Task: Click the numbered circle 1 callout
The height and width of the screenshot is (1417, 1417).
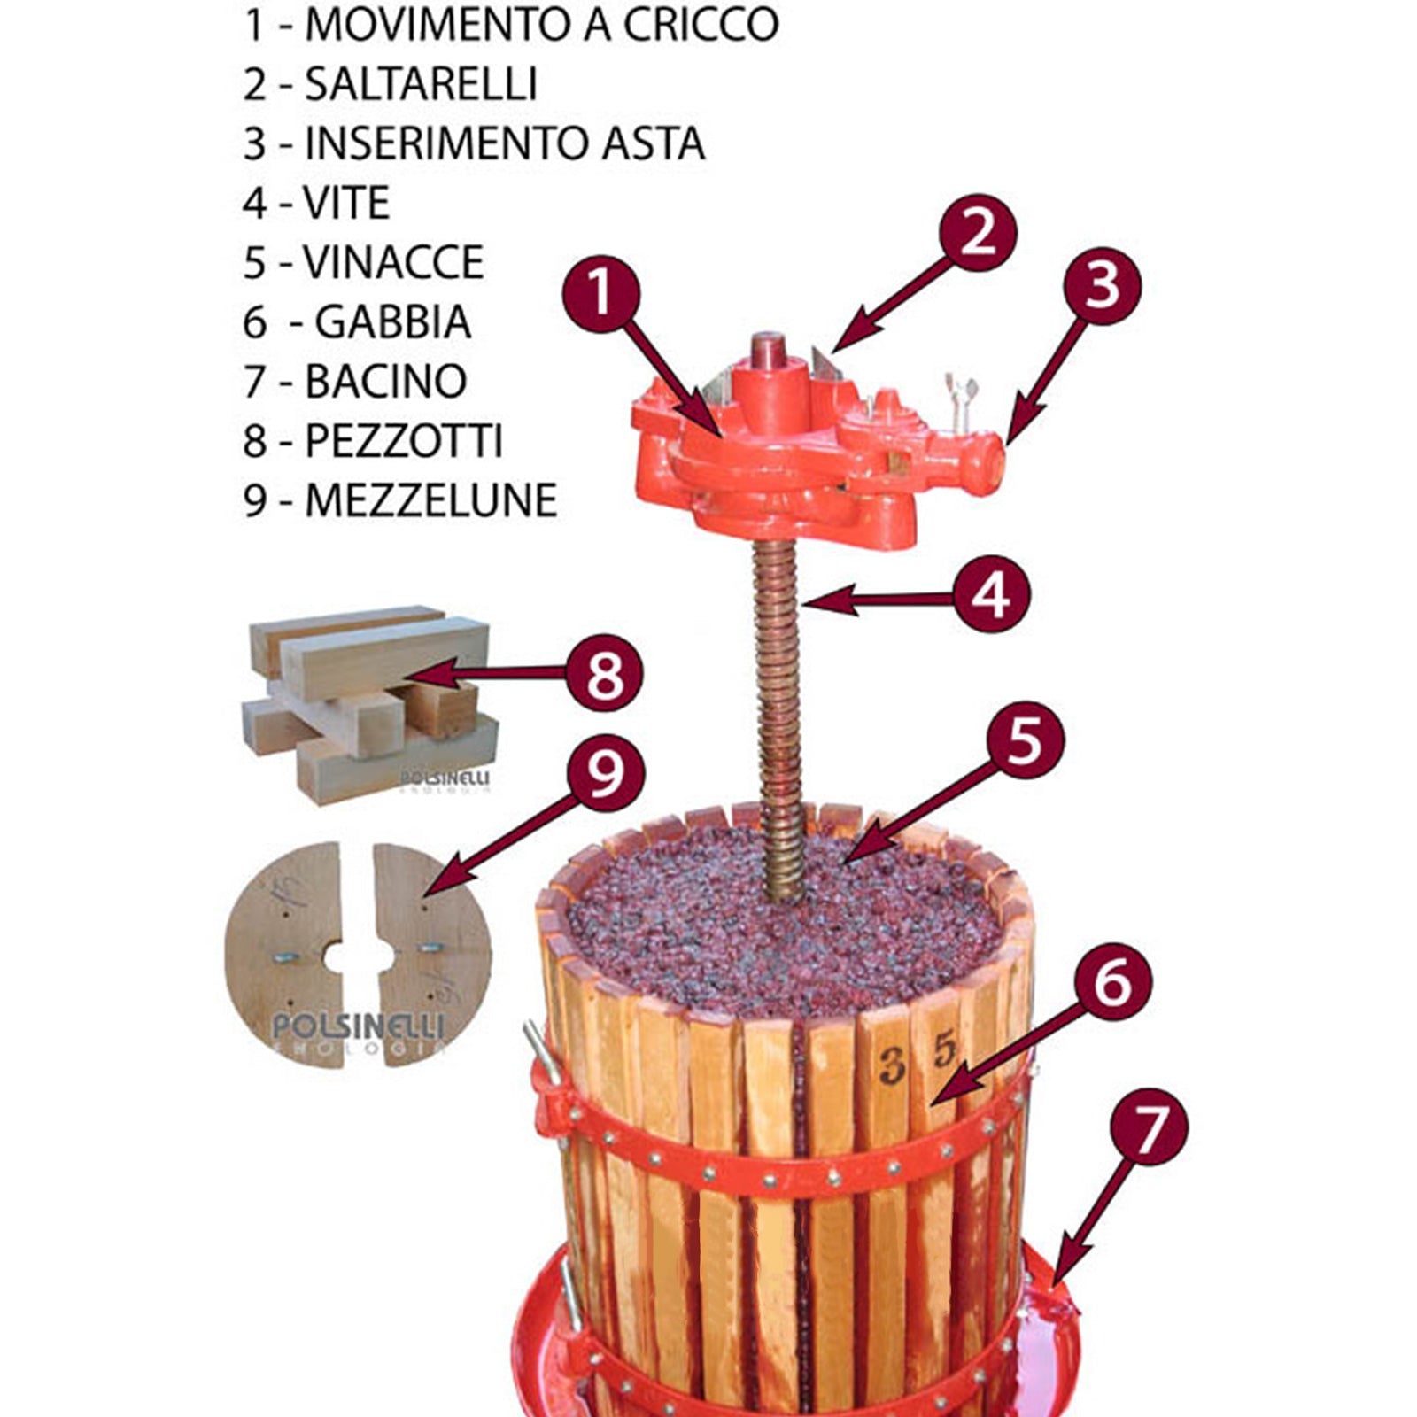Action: (600, 294)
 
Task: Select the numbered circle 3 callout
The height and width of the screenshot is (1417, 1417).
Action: (1101, 285)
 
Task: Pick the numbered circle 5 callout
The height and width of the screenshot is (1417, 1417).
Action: (1024, 739)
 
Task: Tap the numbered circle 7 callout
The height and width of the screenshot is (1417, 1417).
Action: (1149, 1127)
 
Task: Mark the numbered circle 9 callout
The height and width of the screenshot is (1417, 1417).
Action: (605, 770)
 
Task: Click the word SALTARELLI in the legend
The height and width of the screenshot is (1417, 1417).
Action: (421, 84)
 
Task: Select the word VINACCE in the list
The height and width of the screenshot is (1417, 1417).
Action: (393, 262)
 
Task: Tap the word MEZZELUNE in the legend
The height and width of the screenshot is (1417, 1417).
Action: (431, 500)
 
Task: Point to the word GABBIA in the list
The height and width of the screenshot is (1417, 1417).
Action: (393, 321)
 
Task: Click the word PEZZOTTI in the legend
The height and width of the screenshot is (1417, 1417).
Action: (404, 440)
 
